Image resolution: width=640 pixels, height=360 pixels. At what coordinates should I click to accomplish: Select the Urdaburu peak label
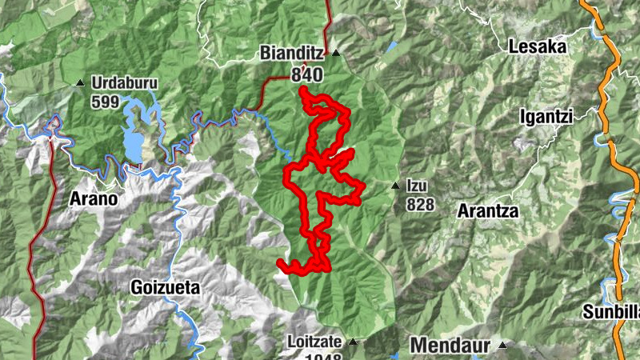[124, 82]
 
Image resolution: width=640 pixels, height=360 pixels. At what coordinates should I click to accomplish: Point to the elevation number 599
[105, 102]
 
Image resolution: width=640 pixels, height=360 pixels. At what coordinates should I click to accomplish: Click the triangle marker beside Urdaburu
[79, 83]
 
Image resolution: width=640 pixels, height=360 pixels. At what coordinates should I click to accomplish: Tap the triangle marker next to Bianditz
[336, 54]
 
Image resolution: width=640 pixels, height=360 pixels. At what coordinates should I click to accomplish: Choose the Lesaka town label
[538, 47]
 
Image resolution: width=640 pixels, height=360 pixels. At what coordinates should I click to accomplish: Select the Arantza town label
[488, 212]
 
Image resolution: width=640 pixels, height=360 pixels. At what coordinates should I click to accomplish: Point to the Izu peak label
[417, 186]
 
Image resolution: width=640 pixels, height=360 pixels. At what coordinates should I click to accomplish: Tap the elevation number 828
[420, 205]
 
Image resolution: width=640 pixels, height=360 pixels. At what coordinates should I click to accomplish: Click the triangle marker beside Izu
[395, 186]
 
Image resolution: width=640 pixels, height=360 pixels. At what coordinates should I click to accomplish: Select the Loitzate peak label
[314, 342]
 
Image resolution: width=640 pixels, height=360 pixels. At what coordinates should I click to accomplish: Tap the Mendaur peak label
[450, 346]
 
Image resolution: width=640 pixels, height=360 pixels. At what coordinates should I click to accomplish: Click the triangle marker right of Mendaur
[502, 346]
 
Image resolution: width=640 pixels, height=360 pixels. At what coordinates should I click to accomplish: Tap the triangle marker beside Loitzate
[351, 342]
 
